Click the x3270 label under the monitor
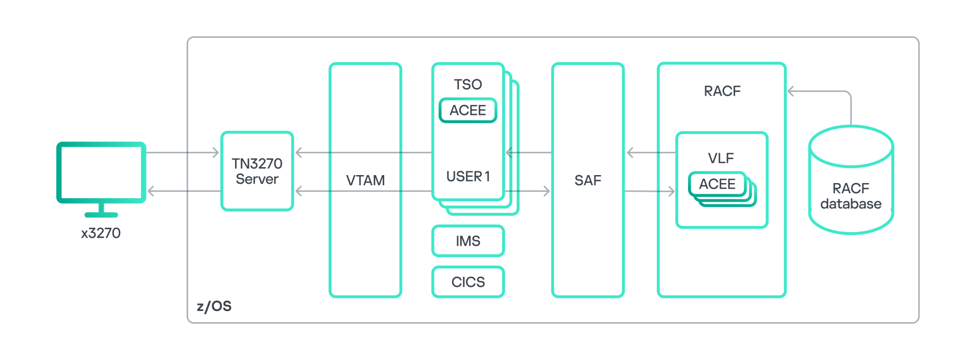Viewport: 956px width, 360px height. tap(101, 233)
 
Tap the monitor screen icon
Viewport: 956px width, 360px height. tap(101, 172)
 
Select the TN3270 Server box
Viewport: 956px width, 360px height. tap(257, 171)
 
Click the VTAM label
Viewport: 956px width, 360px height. tap(366, 180)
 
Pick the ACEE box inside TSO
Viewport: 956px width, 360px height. tap(468, 111)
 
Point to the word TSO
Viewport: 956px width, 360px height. tap(468, 85)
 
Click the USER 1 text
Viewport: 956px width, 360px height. tap(468, 176)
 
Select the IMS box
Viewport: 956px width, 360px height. tap(468, 241)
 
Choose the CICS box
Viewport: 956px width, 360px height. tap(468, 282)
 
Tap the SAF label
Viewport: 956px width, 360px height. tap(588, 180)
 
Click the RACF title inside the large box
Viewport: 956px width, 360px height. tap(722, 91)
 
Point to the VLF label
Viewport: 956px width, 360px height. tap(721, 158)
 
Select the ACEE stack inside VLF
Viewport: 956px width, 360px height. tap(717, 184)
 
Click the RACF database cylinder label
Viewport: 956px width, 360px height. tap(851, 196)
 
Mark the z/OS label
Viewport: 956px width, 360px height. tap(214, 306)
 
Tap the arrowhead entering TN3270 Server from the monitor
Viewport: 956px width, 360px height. tap(216, 153)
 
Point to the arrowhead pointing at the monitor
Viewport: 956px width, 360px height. tap(151, 191)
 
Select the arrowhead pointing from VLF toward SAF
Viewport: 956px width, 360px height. tap(630, 153)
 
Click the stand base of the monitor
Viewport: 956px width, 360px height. tap(101, 215)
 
